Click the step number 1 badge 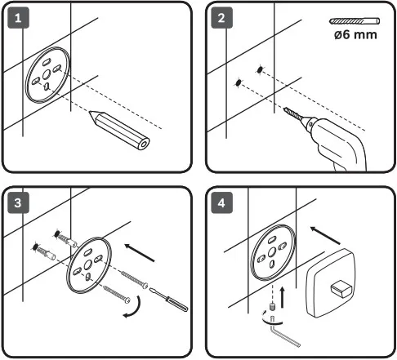[x=18, y=18]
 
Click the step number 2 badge [x=222, y=18]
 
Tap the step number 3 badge [x=18, y=202]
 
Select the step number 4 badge [x=222, y=202]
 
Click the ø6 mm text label [x=355, y=35]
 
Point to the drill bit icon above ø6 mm [x=355, y=21]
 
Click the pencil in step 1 [x=119, y=130]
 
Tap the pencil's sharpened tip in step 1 [x=90, y=112]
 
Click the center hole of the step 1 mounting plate [x=47, y=73]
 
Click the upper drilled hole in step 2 [x=260, y=70]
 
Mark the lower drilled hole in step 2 [x=239, y=82]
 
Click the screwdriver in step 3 [x=168, y=299]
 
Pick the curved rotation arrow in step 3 [x=138, y=309]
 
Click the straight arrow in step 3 [x=140, y=253]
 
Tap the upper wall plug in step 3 [x=67, y=238]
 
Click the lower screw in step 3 [x=117, y=294]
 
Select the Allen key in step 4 [x=283, y=332]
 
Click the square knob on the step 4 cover [x=341, y=289]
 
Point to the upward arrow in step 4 [x=283, y=297]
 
